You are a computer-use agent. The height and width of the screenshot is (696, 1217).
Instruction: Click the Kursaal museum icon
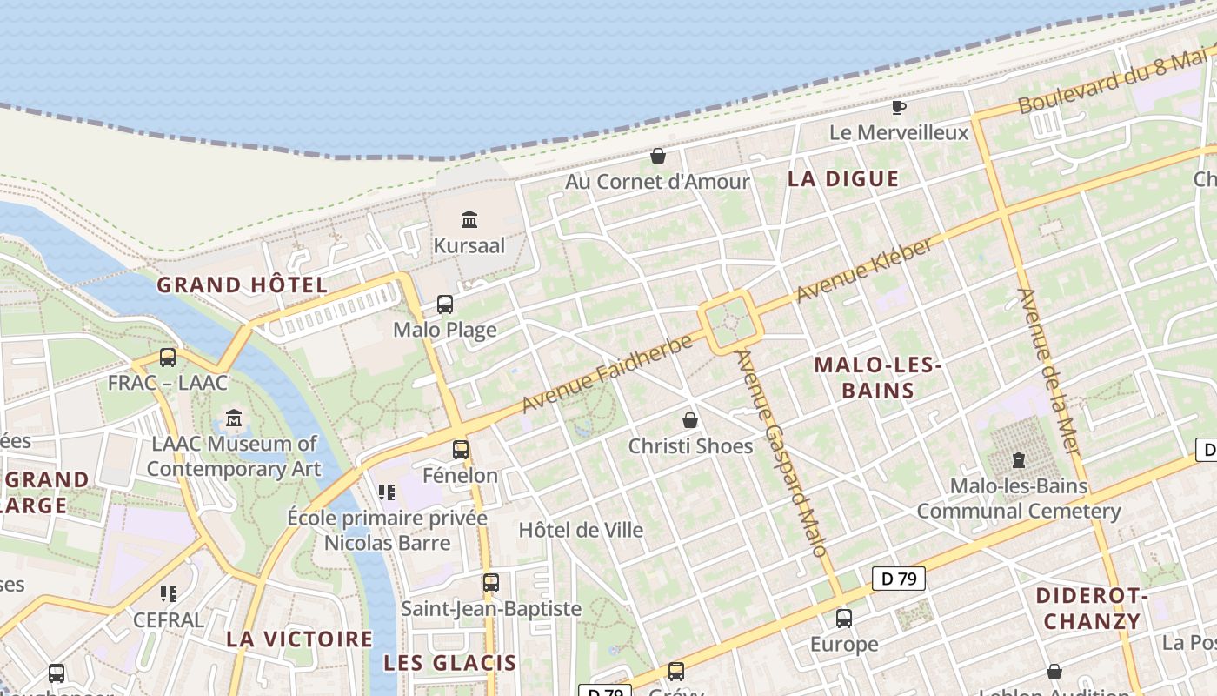click(469, 219)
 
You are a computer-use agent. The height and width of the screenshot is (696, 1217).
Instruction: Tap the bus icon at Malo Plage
click(444, 304)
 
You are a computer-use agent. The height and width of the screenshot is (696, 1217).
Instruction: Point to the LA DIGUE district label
click(842, 179)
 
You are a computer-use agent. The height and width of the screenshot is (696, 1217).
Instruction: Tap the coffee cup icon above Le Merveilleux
click(899, 107)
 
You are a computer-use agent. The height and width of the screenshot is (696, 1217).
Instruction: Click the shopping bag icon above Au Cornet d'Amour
click(658, 156)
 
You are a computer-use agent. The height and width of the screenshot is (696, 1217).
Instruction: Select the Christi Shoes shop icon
click(690, 420)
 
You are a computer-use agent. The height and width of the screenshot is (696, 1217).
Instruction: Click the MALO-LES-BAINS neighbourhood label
click(878, 378)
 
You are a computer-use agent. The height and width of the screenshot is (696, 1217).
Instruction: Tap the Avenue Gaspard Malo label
click(780, 452)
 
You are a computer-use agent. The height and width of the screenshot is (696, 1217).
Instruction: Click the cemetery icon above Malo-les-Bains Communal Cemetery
click(1018, 459)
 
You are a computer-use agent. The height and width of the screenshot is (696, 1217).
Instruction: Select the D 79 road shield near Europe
click(898, 579)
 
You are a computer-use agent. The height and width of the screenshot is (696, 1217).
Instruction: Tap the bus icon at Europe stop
click(843, 619)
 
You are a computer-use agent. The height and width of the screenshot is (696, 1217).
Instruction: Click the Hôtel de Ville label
click(581, 530)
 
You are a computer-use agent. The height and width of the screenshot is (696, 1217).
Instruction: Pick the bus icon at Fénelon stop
click(460, 450)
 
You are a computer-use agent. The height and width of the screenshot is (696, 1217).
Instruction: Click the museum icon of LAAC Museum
click(234, 419)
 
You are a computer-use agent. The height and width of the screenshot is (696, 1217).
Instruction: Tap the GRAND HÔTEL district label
click(242, 284)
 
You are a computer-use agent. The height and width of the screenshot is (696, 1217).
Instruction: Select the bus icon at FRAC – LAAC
click(167, 357)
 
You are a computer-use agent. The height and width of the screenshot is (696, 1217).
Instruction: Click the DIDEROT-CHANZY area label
click(1092, 609)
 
